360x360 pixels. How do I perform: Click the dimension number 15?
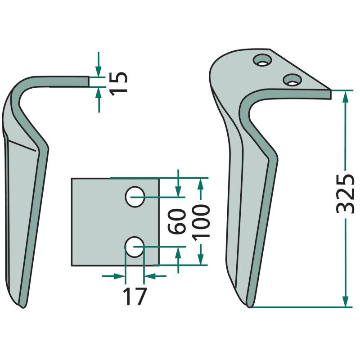118,84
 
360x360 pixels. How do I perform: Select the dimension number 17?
135,296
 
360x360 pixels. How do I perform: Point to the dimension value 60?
176,221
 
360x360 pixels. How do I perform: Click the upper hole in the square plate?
135,197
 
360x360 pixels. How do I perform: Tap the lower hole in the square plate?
135,247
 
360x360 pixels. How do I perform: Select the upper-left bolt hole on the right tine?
262,60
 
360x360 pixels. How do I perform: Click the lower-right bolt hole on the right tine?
292,80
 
